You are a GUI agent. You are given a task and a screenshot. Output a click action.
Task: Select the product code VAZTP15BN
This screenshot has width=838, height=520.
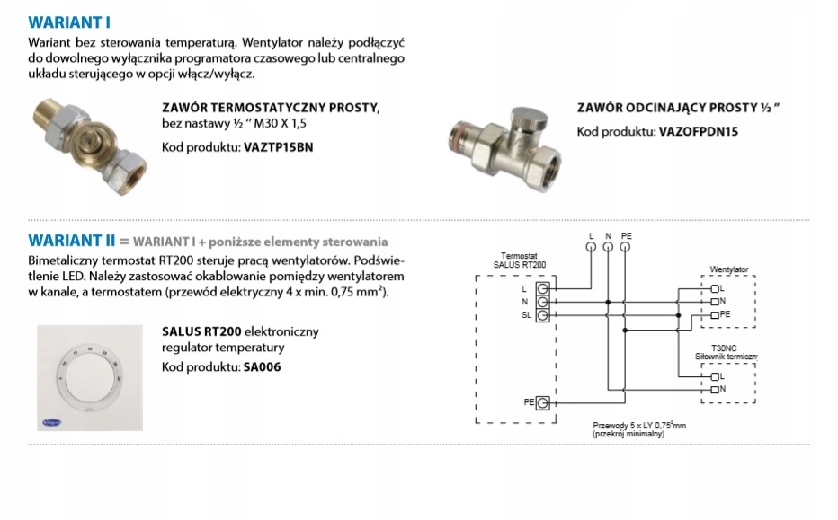click(281, 146)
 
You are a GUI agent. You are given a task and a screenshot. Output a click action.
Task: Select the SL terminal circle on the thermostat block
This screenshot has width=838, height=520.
click(542, 315)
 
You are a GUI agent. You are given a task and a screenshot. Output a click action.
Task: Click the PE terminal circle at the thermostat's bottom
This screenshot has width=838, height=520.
click(542, 403)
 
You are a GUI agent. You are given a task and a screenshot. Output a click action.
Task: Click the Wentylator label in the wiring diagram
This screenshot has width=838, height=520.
click(728, 269)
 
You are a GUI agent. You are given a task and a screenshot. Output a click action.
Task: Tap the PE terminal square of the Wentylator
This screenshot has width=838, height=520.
click(714, 315)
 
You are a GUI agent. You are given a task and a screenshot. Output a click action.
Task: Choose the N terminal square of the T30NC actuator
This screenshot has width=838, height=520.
click(714, 389)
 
